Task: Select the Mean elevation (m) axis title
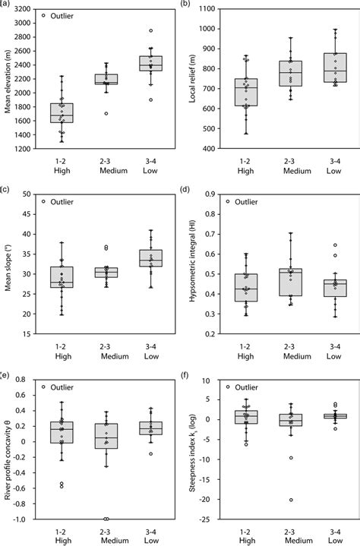point(7,78)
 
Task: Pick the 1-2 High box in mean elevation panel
point(62,112)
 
